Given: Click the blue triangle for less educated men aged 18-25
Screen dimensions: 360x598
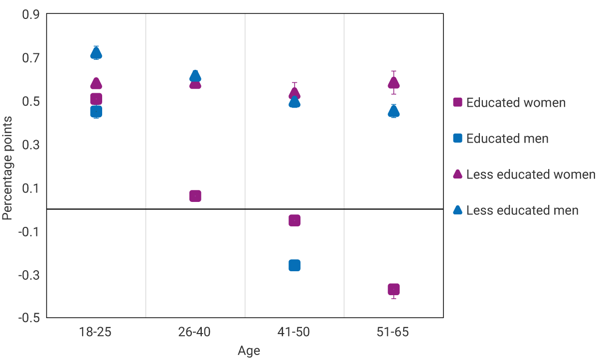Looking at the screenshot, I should [x=96, y=53].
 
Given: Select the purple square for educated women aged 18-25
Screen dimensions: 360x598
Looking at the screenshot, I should [x=96, y=99].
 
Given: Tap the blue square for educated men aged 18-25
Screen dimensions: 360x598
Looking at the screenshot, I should [x=96, y=111].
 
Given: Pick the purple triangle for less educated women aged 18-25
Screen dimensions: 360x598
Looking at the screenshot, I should [x=96, y=83].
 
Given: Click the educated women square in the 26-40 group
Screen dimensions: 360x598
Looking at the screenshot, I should [x=195, y=196].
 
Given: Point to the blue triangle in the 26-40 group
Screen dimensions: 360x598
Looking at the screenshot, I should [x=195, y=76].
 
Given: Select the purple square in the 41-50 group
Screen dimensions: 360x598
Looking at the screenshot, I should [x=295, y=220].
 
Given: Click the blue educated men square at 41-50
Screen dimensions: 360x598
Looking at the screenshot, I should [x=295, y=265].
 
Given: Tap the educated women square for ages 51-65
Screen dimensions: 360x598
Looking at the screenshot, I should [x=394, y=289].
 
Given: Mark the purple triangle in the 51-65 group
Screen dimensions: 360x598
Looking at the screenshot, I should [x=394, y=83].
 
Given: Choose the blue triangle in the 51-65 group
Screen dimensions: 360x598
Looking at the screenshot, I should [x=394, y=111].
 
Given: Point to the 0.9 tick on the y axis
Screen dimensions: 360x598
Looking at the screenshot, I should [x=31, y=14].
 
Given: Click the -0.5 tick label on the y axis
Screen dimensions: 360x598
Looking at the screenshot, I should [x=29, y=318].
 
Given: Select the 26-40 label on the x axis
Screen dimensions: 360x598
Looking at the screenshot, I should [x=195, y=332].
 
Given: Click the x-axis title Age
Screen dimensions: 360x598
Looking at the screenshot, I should [x=249, y=351].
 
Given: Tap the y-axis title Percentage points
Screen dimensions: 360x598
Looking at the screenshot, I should [x=7, y=167].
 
